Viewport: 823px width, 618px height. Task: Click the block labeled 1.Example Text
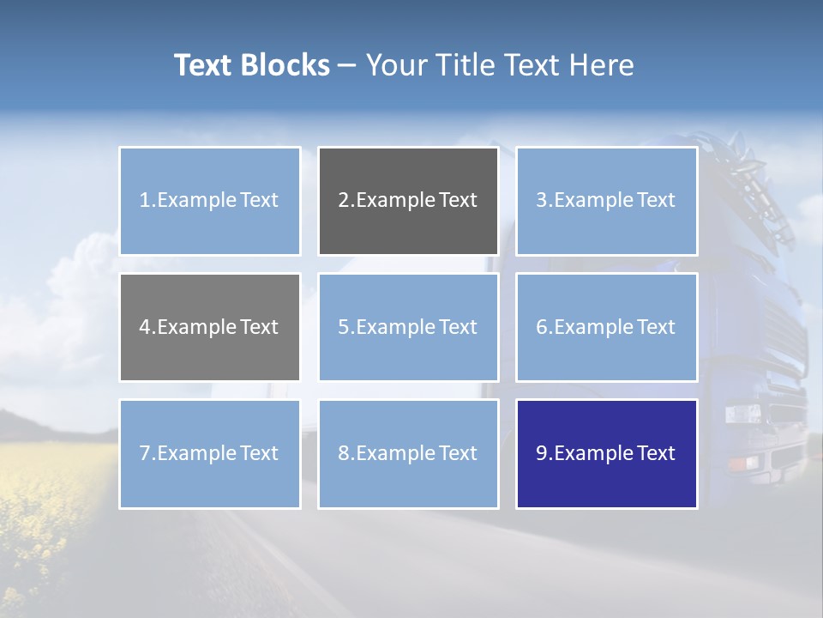[x=209, y=201]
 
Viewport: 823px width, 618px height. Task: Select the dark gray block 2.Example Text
[x=408, y=201]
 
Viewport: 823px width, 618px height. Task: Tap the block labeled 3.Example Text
[x=606, y=201]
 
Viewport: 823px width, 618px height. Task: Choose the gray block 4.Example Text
[x=209, y=327]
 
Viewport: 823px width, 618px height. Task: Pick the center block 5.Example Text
[x=408, y=327]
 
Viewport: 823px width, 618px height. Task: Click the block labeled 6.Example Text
[x=606, y=327]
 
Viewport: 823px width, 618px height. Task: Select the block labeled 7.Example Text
[x=209, y=453]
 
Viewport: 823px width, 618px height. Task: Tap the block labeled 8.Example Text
[x=408, y=453]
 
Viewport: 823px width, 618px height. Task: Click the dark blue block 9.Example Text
[x=606, y=453]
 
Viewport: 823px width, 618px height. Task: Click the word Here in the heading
[x=603, y=65]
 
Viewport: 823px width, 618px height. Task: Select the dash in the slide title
[x=347, y=65]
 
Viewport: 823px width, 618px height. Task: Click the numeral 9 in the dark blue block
[x=541, y=453]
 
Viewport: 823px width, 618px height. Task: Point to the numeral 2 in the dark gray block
[x=343, y=201]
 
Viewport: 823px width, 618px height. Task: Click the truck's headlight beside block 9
[x=742, y=415]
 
